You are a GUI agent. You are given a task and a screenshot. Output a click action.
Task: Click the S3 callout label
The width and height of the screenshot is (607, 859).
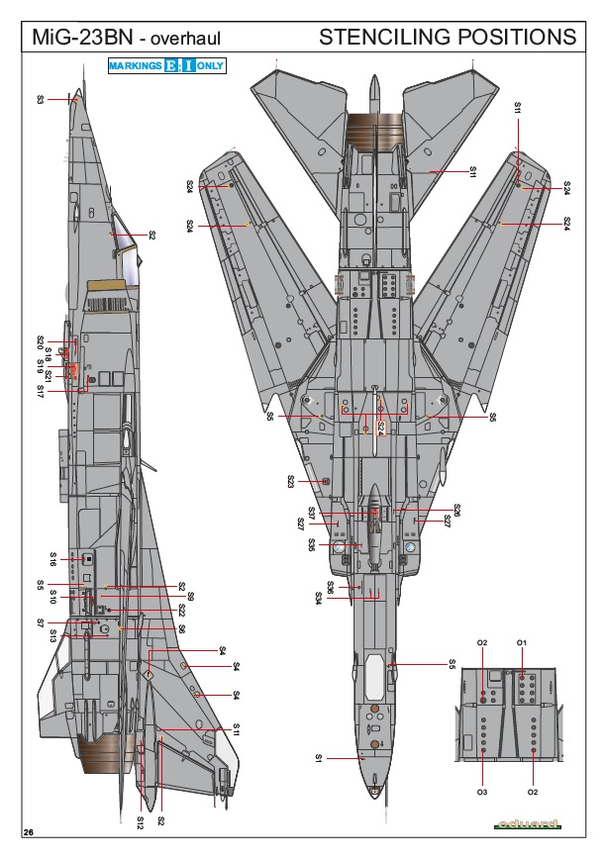coord(41,99)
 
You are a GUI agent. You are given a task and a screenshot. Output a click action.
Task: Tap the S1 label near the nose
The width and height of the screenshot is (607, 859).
coord(319,758)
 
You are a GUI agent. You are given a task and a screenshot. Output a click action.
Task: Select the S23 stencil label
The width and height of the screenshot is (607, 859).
coord(291,481)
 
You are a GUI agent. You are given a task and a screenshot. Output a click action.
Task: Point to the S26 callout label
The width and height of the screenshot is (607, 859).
coord(456,511)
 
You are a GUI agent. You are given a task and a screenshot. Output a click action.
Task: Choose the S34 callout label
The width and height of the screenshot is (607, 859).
coord(319,597)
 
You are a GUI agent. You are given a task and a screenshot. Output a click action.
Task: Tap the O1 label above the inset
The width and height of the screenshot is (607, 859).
coord(522,643)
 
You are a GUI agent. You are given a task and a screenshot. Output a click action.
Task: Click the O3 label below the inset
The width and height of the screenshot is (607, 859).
coord(482,793)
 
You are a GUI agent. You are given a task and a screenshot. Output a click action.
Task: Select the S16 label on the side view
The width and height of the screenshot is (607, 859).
coord(54,557)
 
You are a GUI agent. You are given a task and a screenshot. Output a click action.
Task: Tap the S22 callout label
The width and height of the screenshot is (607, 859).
coord(181,610)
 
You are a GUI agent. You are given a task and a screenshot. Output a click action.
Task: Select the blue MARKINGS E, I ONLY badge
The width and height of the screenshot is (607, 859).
coord(166,65)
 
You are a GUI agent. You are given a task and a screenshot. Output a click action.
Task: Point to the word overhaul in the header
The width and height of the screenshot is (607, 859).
coord(184,39)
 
